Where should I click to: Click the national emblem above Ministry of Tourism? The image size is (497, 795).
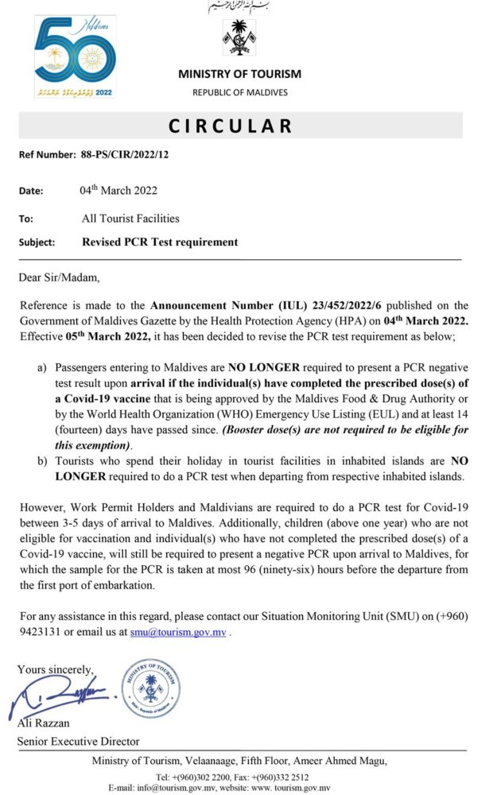[x=239, y=37]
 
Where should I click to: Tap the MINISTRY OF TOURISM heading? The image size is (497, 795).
[x=239, y=74]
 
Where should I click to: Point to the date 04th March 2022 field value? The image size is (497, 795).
[x=118, y=190]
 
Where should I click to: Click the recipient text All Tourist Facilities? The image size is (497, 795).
[x=130, y=218]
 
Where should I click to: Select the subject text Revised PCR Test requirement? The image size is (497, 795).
[x=159, y=242]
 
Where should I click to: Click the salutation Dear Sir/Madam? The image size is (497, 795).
[x=60, y=278]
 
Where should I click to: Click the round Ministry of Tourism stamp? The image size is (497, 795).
[x=150, y=688]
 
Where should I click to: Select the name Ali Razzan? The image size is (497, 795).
[x=45, y=723]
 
